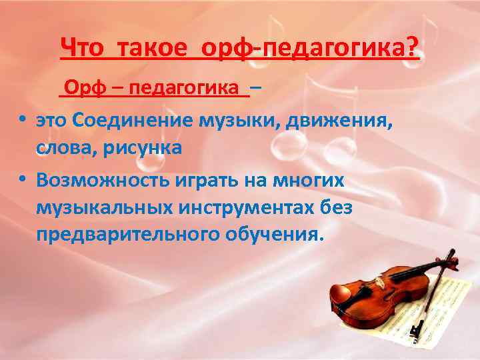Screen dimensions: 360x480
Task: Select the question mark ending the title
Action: (x=413, y=47)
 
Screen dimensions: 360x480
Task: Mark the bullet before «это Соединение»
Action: (x=23, y=119)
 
